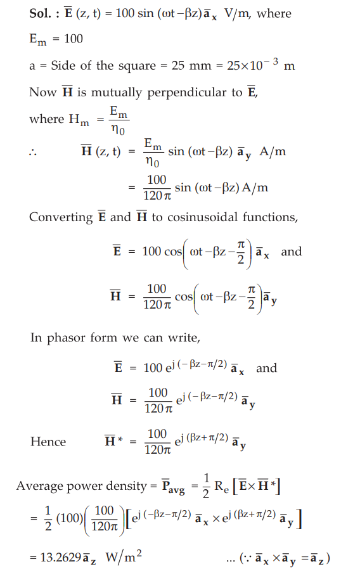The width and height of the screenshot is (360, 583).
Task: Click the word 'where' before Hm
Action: [47, 119]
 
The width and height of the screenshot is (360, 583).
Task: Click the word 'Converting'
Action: [60, 217]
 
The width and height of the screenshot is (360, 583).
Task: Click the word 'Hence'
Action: [48, 442]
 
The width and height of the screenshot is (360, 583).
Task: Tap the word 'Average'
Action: [39, 486]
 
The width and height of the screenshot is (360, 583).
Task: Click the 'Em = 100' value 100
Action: [74, 39]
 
